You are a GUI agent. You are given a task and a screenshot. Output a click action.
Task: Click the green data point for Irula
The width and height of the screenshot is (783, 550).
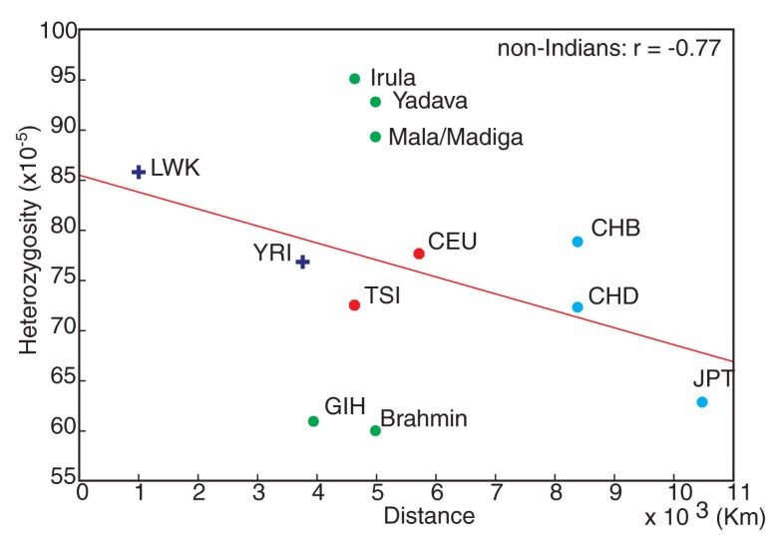point(354,79)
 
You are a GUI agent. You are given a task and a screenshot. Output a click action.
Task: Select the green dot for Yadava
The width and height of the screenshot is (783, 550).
point(375,102)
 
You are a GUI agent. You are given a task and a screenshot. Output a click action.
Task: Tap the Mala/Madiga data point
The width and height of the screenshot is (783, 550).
point(375,137)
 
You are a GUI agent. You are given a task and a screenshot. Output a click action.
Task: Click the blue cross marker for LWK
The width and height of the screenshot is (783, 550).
point(139,172)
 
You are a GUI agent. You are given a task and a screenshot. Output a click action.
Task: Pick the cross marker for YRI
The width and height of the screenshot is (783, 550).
point(302,262)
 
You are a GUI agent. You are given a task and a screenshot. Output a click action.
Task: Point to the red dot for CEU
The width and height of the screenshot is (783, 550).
point(419,254)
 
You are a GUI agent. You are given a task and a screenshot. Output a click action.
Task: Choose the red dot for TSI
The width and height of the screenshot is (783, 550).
point(354,304)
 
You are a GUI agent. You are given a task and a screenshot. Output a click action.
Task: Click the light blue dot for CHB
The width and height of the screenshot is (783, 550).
point(578,242)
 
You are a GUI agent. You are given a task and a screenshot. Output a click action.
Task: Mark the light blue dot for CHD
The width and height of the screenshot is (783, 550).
point(578,306)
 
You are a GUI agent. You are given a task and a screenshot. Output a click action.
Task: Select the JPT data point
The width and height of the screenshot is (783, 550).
point(702,401)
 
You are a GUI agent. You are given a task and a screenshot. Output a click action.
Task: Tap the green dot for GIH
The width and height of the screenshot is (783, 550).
point(313,421)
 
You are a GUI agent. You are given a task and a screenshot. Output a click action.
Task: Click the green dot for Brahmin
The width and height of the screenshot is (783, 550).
point(375,430)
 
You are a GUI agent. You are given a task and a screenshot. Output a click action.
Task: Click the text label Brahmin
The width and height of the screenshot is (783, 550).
point(424,419)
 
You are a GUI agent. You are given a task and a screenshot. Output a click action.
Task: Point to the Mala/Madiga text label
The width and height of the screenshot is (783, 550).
point(456,137)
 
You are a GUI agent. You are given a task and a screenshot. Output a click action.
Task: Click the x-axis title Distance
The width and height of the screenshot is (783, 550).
point(429,516)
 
